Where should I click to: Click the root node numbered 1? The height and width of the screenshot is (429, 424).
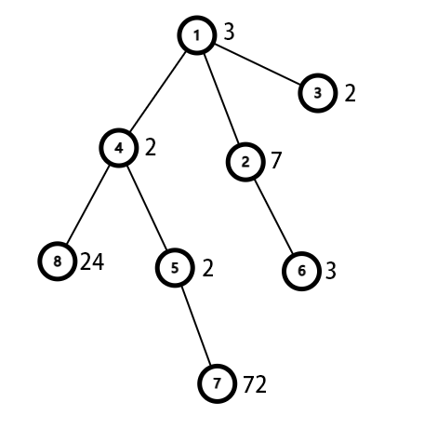[197, 35]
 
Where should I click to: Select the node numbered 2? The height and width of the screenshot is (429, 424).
[245, 162]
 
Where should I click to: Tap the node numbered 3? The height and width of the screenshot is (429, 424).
[318, 93]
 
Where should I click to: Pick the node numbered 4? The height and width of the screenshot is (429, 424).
[119, 148]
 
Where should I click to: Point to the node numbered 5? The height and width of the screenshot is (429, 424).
[175, 267]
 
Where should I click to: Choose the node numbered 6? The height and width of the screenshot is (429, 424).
[301, 271]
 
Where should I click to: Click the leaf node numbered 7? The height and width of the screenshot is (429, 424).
[218, 383]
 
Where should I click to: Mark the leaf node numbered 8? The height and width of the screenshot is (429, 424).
[58, 261]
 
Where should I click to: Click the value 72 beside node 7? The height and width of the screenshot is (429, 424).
[255, 384]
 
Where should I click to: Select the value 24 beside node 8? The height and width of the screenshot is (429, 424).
[92, 261]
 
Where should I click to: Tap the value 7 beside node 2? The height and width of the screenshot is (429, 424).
[276, 160]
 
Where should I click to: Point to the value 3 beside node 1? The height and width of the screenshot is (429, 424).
[229, 32]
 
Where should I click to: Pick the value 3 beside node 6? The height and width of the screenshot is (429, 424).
[331, 271]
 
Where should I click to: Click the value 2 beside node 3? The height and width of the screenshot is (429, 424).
[351, 93]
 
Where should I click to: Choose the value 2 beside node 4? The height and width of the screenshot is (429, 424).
[151, 147]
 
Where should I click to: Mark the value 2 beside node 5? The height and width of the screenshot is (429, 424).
[208, 268]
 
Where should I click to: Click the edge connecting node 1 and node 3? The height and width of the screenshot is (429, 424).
[258, 64]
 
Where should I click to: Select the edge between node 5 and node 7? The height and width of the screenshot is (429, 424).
[196, 326]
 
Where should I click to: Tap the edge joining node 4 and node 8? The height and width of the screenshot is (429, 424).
[87, 205]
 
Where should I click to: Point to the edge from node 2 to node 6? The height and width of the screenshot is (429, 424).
[273, 217]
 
